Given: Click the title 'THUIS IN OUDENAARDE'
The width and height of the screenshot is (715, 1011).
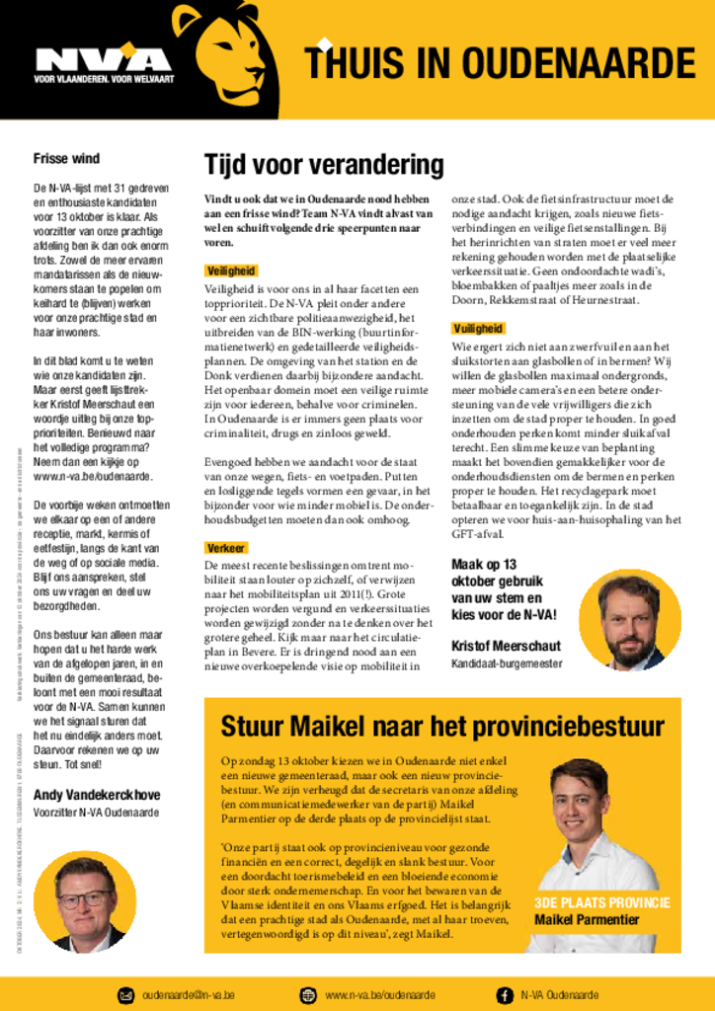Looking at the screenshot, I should click(x=500, y=63).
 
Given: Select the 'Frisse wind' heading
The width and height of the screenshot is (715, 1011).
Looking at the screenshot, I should click(x=66, y=158).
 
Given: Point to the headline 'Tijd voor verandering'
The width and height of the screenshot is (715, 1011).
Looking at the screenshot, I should click(x=324, y=164).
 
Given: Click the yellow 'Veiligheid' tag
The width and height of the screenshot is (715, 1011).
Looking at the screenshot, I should click(x=232, y=271).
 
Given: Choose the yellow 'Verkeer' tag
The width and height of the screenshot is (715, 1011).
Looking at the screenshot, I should click(x=226, y=548).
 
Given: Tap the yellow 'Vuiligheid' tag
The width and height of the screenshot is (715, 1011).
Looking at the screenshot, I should click(x=478, y=328).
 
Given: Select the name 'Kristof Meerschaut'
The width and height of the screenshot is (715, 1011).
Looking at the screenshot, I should click(x=506, y=646).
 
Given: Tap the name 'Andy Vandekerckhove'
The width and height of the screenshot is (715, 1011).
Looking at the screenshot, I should click(x=97, y=795).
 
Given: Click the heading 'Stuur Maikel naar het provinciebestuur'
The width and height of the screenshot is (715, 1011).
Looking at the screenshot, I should click(x=441, y=728).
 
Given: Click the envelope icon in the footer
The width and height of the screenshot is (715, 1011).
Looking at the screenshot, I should click(x=125, y=994).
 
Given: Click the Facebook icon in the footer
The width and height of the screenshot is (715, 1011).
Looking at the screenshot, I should click(x=504, y=994).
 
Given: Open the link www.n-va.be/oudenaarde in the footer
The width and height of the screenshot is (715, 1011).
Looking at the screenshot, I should click(x=380, y=994).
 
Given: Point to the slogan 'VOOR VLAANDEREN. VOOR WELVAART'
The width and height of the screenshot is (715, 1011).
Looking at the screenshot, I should click(x=102, y=80).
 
